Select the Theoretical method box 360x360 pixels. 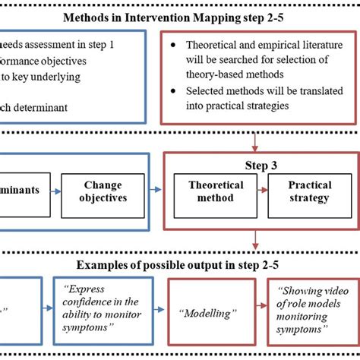click(216, 191)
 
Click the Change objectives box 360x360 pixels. click(103, 191)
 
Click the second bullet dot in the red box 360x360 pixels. click(175, 90)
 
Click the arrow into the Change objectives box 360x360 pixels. click(55, 191)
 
